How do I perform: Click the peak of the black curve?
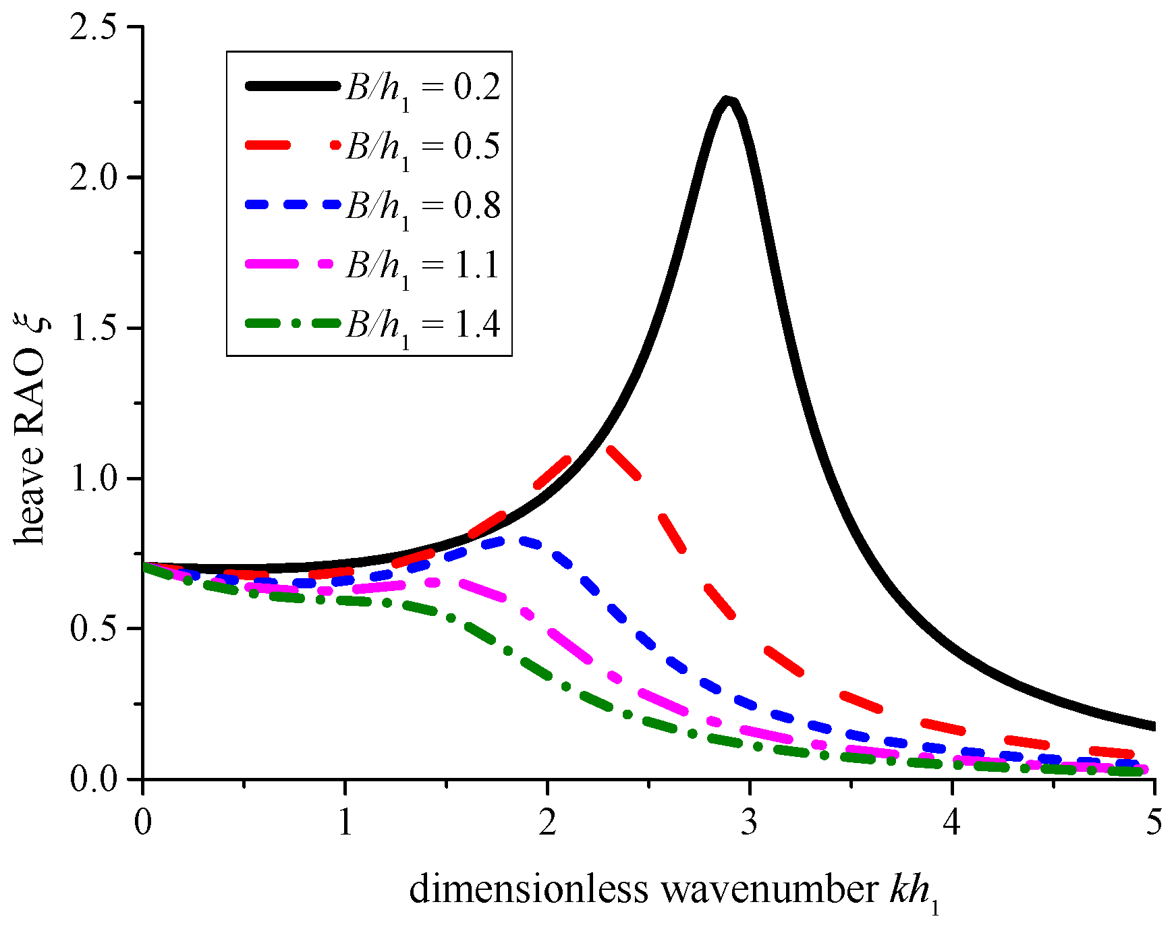click(x=727, y=101)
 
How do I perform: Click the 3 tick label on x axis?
click(x=749, y=823)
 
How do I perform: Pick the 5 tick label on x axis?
click(x=1154, y=823)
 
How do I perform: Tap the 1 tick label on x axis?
click(x=345, y=823)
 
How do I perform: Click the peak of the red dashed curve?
click(x=603, y=446)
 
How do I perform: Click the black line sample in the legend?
click(x=292, y=86)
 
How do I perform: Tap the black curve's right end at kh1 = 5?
click(x=1153, y=726)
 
